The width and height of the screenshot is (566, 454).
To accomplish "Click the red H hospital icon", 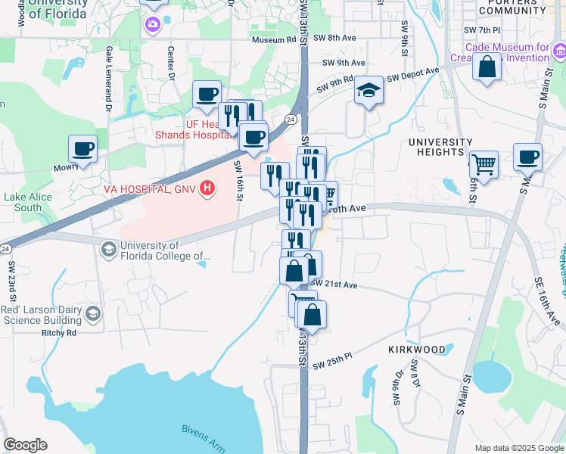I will pyautogui.click(x=205, y=191).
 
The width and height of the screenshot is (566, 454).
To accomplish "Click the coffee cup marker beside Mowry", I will pyautogui.click(x=83, y=148).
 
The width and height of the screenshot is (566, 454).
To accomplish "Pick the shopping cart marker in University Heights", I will pyautogui.click(x=483, y=163).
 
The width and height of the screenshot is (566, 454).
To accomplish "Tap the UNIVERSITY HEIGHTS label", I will pyautogui.click(x=440, y=147).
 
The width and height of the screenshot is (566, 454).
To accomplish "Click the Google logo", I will pyautogui.click(x=25, y=445).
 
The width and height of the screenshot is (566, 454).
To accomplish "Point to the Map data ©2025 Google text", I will pyautogui.click(x=518, y=447).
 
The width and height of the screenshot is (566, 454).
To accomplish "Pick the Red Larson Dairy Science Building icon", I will pyautogui.click(x=92, y=313).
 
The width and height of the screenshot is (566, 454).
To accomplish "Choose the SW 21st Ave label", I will pyautogui.click(x=333, y=282).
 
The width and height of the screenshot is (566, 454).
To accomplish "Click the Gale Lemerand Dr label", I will pyautogui.click(x=109, y=69).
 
